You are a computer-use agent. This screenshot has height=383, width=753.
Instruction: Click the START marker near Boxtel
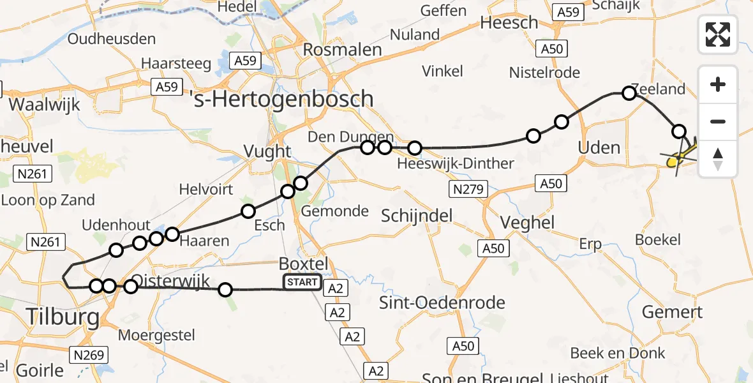point(302,282)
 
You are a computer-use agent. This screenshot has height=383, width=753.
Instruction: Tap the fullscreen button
point(718,34)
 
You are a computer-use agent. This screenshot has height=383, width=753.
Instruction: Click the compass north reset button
point(718,158)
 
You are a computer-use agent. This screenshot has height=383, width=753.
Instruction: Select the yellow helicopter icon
point(680,157)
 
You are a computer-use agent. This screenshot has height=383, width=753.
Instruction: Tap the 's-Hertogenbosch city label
point(281,99)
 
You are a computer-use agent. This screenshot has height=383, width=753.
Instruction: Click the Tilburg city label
point(63,316)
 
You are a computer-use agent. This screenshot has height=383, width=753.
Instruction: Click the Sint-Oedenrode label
point(442,303)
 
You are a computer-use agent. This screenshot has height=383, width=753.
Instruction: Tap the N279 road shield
point(468,189)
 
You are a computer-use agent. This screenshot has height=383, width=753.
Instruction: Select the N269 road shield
point(90,355)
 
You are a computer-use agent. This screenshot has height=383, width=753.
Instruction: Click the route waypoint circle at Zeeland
point(629,94)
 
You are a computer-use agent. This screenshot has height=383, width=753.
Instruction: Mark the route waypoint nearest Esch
point(248,211)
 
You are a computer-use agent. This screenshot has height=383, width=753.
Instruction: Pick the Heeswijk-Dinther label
point(455,164)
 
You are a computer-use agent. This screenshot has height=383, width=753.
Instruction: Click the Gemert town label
point(672,312)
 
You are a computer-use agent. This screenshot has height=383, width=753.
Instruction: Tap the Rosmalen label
point(342,50)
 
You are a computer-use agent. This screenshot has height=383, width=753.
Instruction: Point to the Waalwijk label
point(44,104)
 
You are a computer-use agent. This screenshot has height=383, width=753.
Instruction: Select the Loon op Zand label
point(48,200)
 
